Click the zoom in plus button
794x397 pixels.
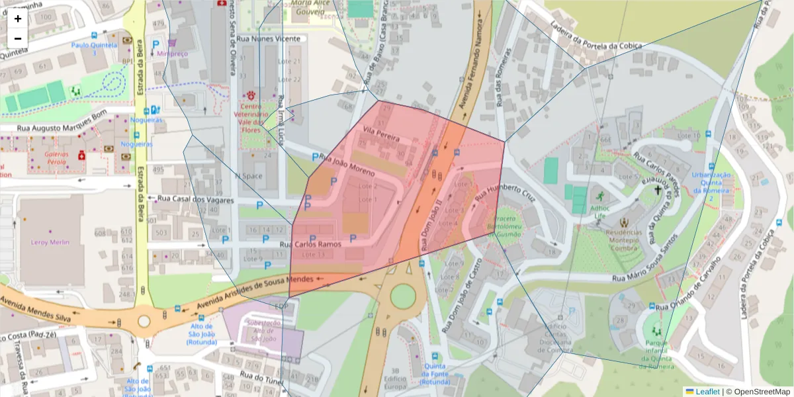click(x=18, y=19)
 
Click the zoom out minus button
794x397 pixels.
click(x=18, y=38)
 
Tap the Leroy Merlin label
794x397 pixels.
click(x=50, y=242)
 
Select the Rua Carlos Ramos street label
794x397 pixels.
click(x=311, y=244)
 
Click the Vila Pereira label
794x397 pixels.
click(x=380, y=137)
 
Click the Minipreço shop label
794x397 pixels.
click(x=174, y=53)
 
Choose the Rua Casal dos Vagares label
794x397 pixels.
click(x=191, y=200)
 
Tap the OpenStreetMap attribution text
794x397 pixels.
click(x=758, y=392)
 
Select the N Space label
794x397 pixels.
click(x=248, y=176)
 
